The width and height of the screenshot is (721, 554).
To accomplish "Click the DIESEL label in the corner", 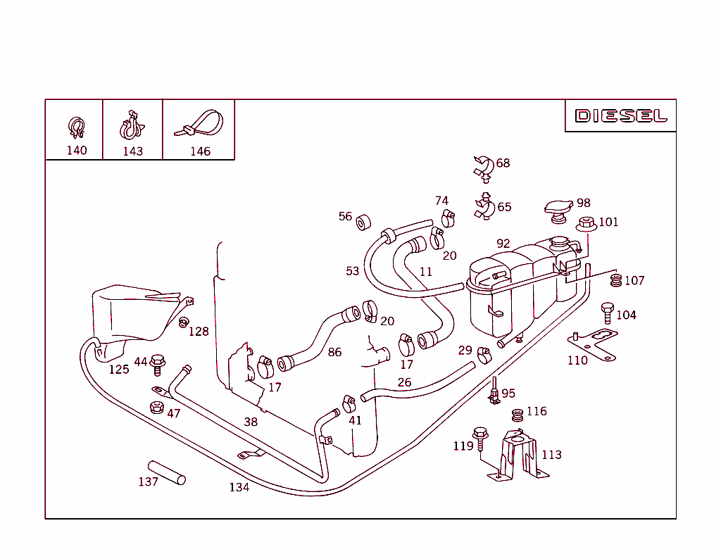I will pyautogui.click(x=620, y=115).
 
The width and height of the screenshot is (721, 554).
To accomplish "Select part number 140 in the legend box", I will pyautogui.click(x=77, y=150).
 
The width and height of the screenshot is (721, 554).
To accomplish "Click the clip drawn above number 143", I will pyautogui.click(x=131, y=126).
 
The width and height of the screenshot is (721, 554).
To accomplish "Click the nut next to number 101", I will pyautogui.click(x=586, y=225).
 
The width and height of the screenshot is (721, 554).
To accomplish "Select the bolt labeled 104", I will pyautogui.click(x=607, y=313).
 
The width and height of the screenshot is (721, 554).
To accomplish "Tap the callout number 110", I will pyautogui.click(x=577, y=360).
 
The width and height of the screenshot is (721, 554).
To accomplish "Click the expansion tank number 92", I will pyautogui.click(x=503, y=244).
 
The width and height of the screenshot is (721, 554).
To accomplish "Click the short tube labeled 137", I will pyautogui.click(x=167, y=472).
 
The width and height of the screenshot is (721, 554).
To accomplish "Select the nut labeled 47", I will pyautogui.click(x=157, y=408).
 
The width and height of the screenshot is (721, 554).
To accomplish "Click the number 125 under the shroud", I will pyautogui.click(x=118, y=369).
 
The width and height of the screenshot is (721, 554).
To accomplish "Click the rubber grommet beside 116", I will pyautogui.click(x=517, y=414).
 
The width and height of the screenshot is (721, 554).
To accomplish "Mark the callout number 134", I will pyautogui.click(x=239, y=487).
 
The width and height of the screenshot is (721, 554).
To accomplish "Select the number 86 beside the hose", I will pyautogui.click(x=334, y=352).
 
